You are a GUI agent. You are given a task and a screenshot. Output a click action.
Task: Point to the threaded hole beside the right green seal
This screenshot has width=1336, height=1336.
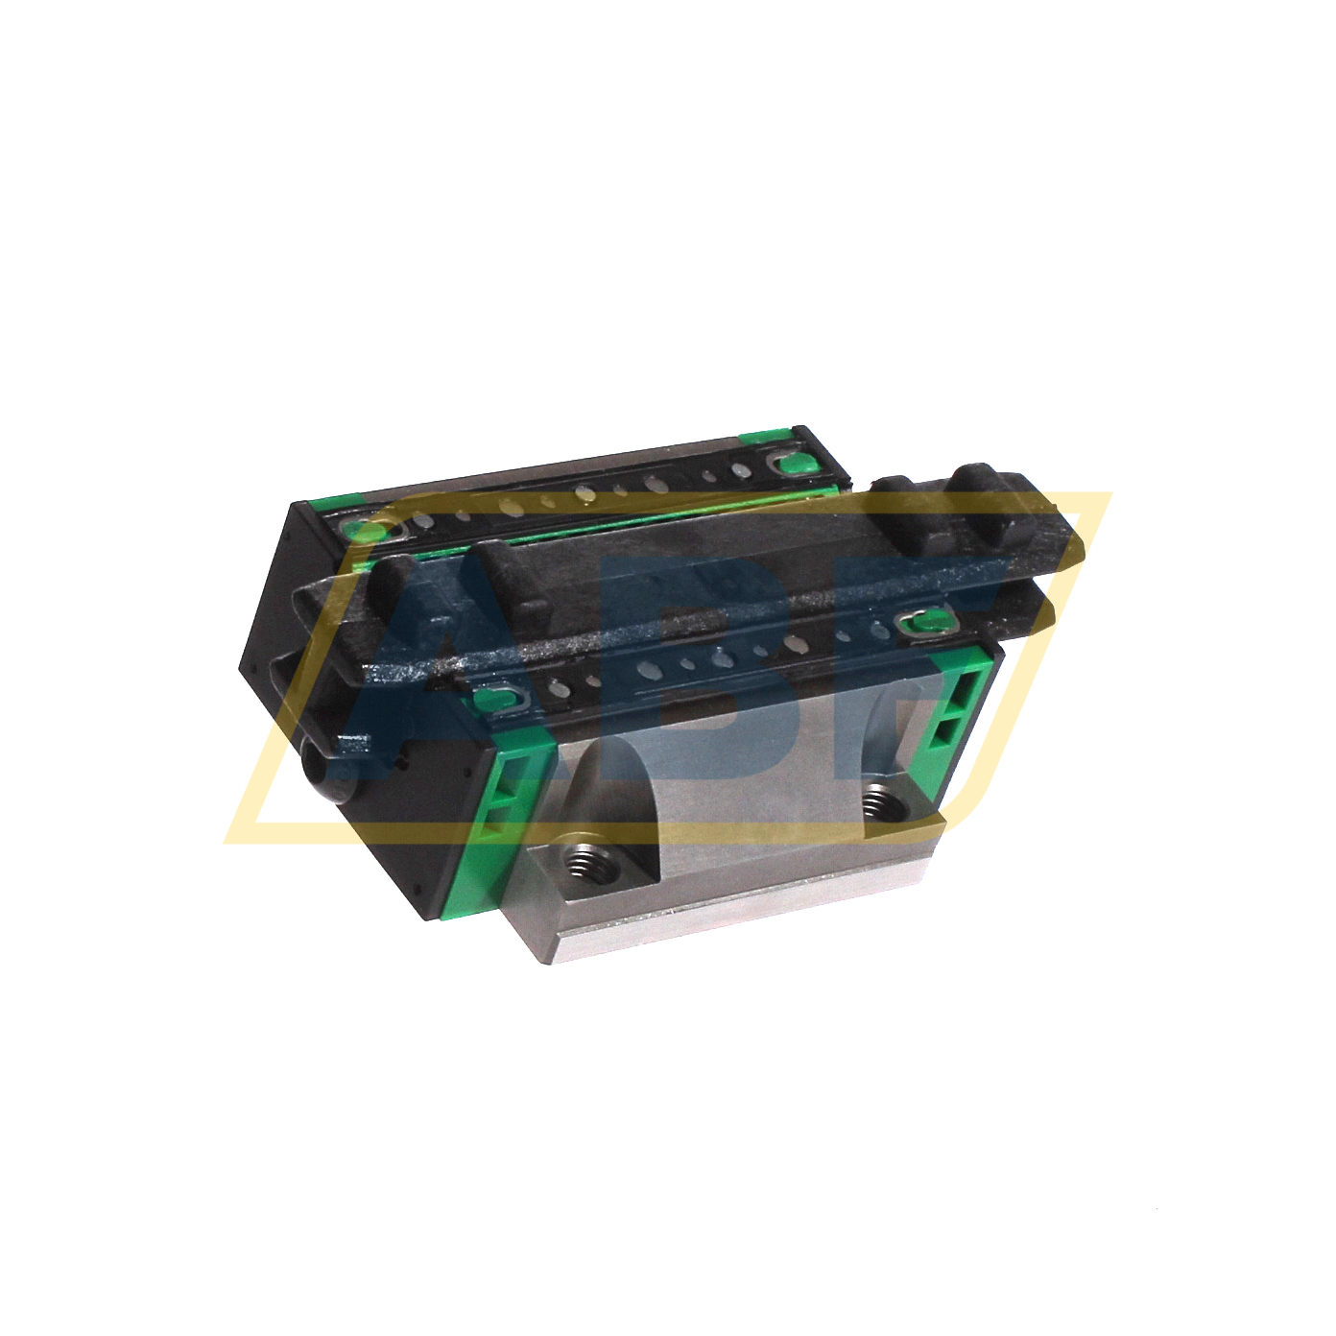(x=876, y=799)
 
